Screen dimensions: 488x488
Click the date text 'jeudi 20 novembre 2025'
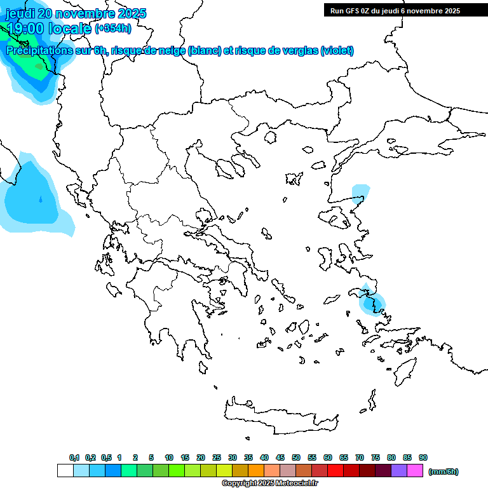coord(76,13)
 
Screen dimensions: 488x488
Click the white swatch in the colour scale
coord(65,471)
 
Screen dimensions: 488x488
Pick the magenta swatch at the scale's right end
coord(415,471)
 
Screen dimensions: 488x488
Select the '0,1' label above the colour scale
coord(74,457)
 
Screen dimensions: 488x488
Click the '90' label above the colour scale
coord(423,457)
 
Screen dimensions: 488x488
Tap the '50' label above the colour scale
coord(296,457)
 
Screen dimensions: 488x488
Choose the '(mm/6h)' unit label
coord(443,471)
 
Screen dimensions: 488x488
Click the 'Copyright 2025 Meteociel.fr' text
coord(269,484)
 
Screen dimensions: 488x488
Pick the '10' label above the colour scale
coord(169,457)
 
